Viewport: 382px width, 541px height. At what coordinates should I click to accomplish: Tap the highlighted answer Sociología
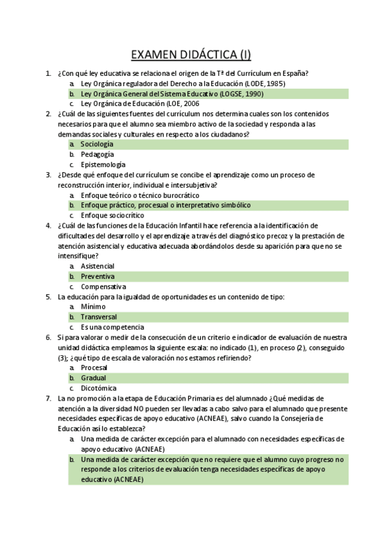pos(97,144)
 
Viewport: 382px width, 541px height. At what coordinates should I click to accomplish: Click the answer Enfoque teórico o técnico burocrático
pos(140,195)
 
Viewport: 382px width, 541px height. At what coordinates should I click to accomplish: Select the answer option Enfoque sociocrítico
pos(112,215)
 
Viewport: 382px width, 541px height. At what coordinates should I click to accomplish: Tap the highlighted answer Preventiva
pos(98,276)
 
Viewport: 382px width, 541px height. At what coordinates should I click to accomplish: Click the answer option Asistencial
pos(98,265)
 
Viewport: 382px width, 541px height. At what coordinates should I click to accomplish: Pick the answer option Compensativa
pos(103,286)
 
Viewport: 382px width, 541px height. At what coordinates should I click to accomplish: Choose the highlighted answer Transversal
pos(99,316)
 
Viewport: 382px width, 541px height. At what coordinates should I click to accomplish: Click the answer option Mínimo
pos(93,306)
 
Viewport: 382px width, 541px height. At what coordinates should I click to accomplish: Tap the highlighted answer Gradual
pos(93,378)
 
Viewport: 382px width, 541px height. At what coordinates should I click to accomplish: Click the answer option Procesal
pos(94,367)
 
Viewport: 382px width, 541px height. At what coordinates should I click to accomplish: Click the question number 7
pos(48,398)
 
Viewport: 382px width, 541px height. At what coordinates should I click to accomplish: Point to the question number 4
pos(48,225)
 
